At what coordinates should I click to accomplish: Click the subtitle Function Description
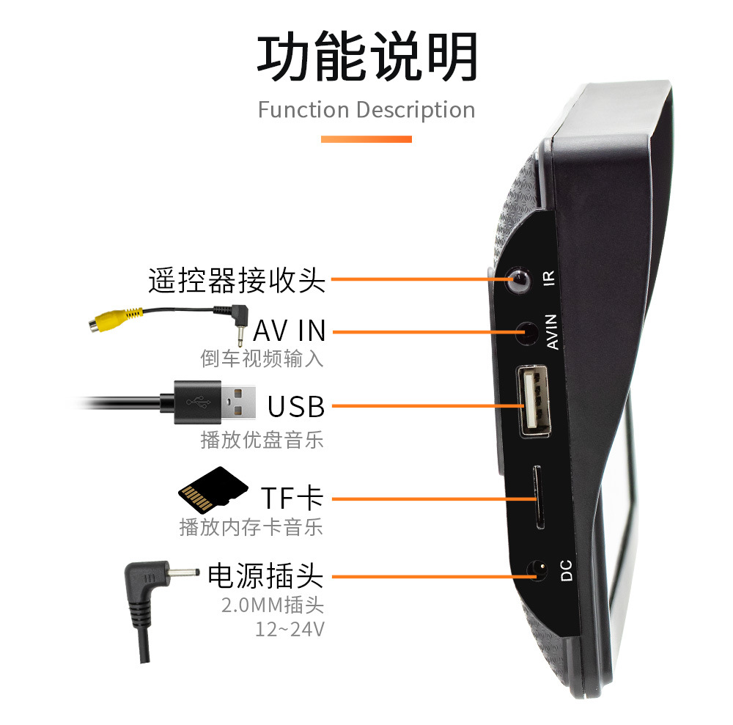366,110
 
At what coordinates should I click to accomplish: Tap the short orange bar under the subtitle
366,139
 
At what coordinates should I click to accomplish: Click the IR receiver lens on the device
520,279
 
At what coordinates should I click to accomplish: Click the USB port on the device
535,401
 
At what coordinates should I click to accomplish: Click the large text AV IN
289,331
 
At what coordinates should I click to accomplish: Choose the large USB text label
295,405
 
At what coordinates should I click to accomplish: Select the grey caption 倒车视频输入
262,358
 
